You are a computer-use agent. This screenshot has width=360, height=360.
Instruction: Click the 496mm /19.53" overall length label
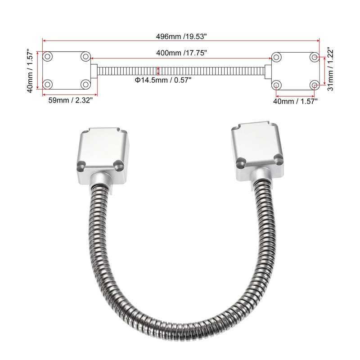coord(181,36)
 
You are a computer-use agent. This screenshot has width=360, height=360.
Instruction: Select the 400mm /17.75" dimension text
coord(182,53)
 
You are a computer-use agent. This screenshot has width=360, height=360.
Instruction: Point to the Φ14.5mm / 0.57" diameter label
coord(163,80)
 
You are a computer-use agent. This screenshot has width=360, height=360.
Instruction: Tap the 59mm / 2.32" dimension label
coord(71,100)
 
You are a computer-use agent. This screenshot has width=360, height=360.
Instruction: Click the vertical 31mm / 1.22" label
coord(330,69)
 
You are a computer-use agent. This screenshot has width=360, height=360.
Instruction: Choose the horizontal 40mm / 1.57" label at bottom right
coord(295,101)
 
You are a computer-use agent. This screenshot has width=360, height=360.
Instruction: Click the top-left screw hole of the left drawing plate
coord(48,57)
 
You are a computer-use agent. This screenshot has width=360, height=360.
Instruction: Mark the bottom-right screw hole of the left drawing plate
coord(85,84)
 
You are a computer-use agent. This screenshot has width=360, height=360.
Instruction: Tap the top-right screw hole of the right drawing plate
coord(314,57)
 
